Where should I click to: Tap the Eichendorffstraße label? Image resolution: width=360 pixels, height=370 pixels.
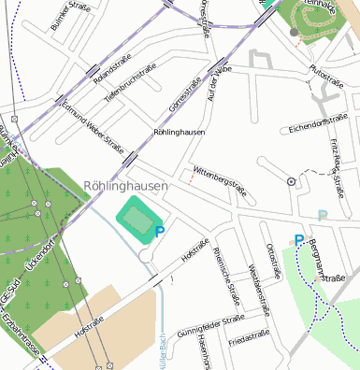317,121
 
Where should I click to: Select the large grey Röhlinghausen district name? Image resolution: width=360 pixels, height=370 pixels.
125,186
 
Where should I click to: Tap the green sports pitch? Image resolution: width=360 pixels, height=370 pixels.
137,221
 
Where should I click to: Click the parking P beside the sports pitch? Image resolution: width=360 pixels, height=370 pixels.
160,231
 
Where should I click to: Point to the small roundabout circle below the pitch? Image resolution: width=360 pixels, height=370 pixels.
145,254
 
